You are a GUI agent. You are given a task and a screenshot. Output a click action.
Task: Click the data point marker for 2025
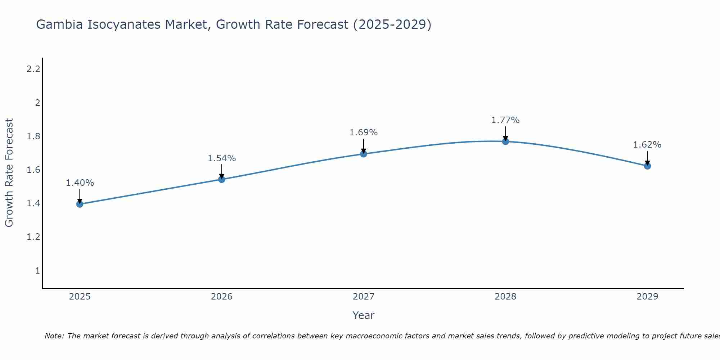[x=80, y=204]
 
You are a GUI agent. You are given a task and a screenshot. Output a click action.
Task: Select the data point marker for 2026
[x=222, y=179]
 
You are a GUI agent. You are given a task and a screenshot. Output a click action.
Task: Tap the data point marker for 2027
[x=364, y=154]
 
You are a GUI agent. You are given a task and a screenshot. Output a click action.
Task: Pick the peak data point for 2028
[x=505, y=141]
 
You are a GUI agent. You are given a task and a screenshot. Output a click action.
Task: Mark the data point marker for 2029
[x=647, y=166]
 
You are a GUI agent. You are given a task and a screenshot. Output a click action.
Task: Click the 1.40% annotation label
[x=80, y=183]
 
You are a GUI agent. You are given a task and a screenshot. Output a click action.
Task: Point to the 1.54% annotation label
[x=222, y=158]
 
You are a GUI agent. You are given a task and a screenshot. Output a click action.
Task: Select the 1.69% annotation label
[x=364, y=132]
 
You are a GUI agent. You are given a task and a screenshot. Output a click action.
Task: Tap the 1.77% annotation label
[x=505, y=120]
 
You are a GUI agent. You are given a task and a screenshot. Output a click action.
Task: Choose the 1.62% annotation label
[x=647, y=145]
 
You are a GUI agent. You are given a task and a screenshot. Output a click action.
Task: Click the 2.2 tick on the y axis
[x=33, y=69]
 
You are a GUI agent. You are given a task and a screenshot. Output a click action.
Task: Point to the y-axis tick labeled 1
[x=37, y=270]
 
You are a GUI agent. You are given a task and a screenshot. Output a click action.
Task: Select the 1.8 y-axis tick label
[x=33, y=136]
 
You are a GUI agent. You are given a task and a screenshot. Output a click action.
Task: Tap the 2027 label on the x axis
[x=364, y=297]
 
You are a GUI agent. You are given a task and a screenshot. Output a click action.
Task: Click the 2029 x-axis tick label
[x=647, y=297]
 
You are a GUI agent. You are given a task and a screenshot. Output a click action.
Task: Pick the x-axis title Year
[x=364, y=315]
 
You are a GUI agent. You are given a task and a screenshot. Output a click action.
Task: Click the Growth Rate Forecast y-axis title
[x=9, y=173]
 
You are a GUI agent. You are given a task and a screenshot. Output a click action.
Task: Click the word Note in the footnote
[x=54, y=336]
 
